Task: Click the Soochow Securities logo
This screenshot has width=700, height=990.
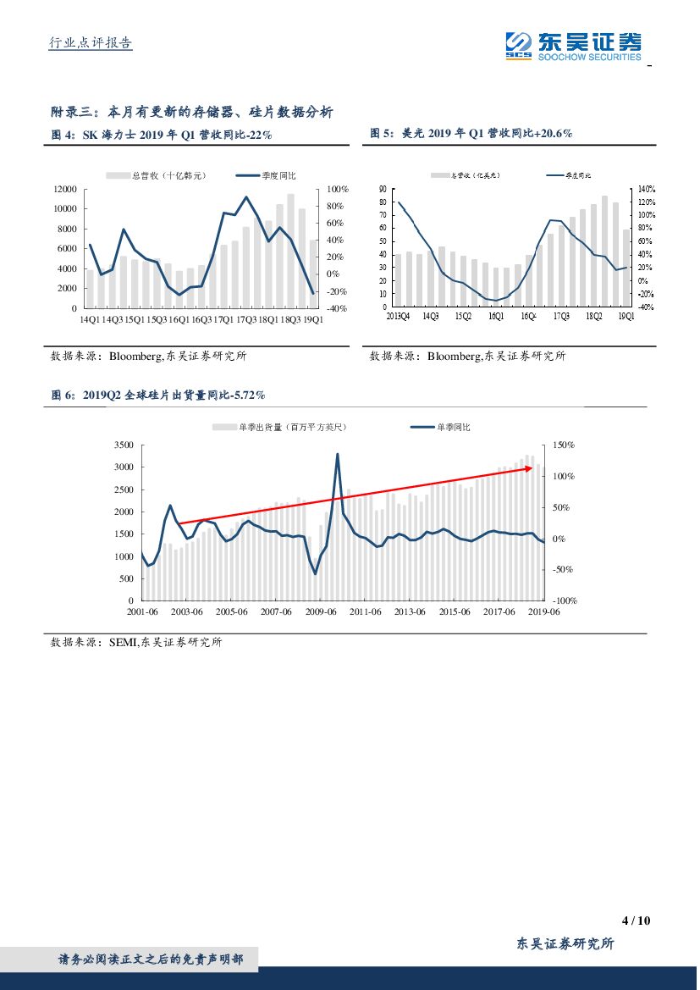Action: (572, 45)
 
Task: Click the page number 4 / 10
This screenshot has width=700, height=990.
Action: (635, 921)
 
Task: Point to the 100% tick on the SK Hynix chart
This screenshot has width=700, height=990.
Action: (338, 189)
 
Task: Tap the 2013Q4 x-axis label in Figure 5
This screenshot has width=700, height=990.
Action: (399, 316)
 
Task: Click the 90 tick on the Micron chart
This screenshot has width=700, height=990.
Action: (383, 190)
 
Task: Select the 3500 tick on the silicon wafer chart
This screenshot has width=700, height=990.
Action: (123, 445)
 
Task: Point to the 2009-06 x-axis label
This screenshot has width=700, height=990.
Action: (321, 611)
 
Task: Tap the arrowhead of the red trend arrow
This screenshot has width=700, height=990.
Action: (531, 467)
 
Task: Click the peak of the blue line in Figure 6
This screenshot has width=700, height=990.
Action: (338, 454)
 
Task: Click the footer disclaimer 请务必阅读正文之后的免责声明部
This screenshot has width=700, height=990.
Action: (151, 960)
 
